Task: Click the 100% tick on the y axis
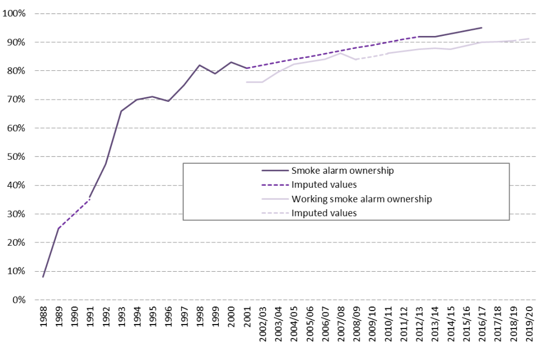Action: click(x=18, y=13)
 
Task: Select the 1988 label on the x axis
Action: click(x=43, y=320)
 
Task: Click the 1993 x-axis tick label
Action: click(x=121, y=320)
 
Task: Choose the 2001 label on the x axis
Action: click(x=247, y=320)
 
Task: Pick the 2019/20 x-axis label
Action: click(x=529, y=327)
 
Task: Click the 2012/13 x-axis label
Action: click(x=419, y=327)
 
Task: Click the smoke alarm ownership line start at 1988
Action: click(x=43, y=277)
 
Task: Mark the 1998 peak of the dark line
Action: click(x=200, y=65)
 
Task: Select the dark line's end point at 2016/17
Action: click(x=481, y=28)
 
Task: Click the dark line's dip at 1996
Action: click(x=168, y=101)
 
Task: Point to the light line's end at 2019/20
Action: click(x=529, y=39)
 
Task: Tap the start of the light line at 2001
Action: click(x=247, y=82)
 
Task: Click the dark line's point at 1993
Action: click(x=121, y=111)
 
